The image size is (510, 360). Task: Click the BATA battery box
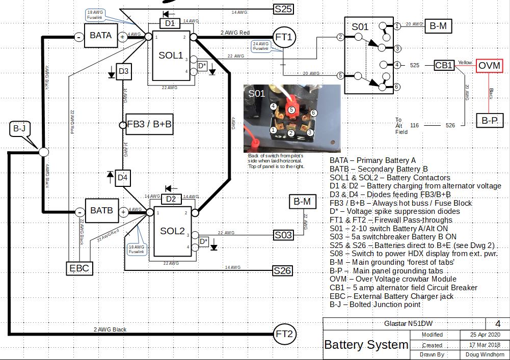[x=101, y=36]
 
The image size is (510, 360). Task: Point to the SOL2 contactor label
[x=172, y=231]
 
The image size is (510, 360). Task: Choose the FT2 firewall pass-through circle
[x=285, y=334]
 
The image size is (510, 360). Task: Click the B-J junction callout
[x=18, y=129]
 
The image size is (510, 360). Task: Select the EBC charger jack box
[x=80, y=268]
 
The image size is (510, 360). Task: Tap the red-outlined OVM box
[x=489, y=66]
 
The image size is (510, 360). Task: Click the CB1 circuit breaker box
[x=444, y=66]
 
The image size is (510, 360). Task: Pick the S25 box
[x=283, y=9]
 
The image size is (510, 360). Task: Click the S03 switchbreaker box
[x=283, y=235]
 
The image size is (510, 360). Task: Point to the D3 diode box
[x=123, y=71]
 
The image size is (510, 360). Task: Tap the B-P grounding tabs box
[x=489, y=121]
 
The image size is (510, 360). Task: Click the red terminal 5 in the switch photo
[x=291, y=109]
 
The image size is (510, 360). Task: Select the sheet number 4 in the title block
[x=498, y=323]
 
